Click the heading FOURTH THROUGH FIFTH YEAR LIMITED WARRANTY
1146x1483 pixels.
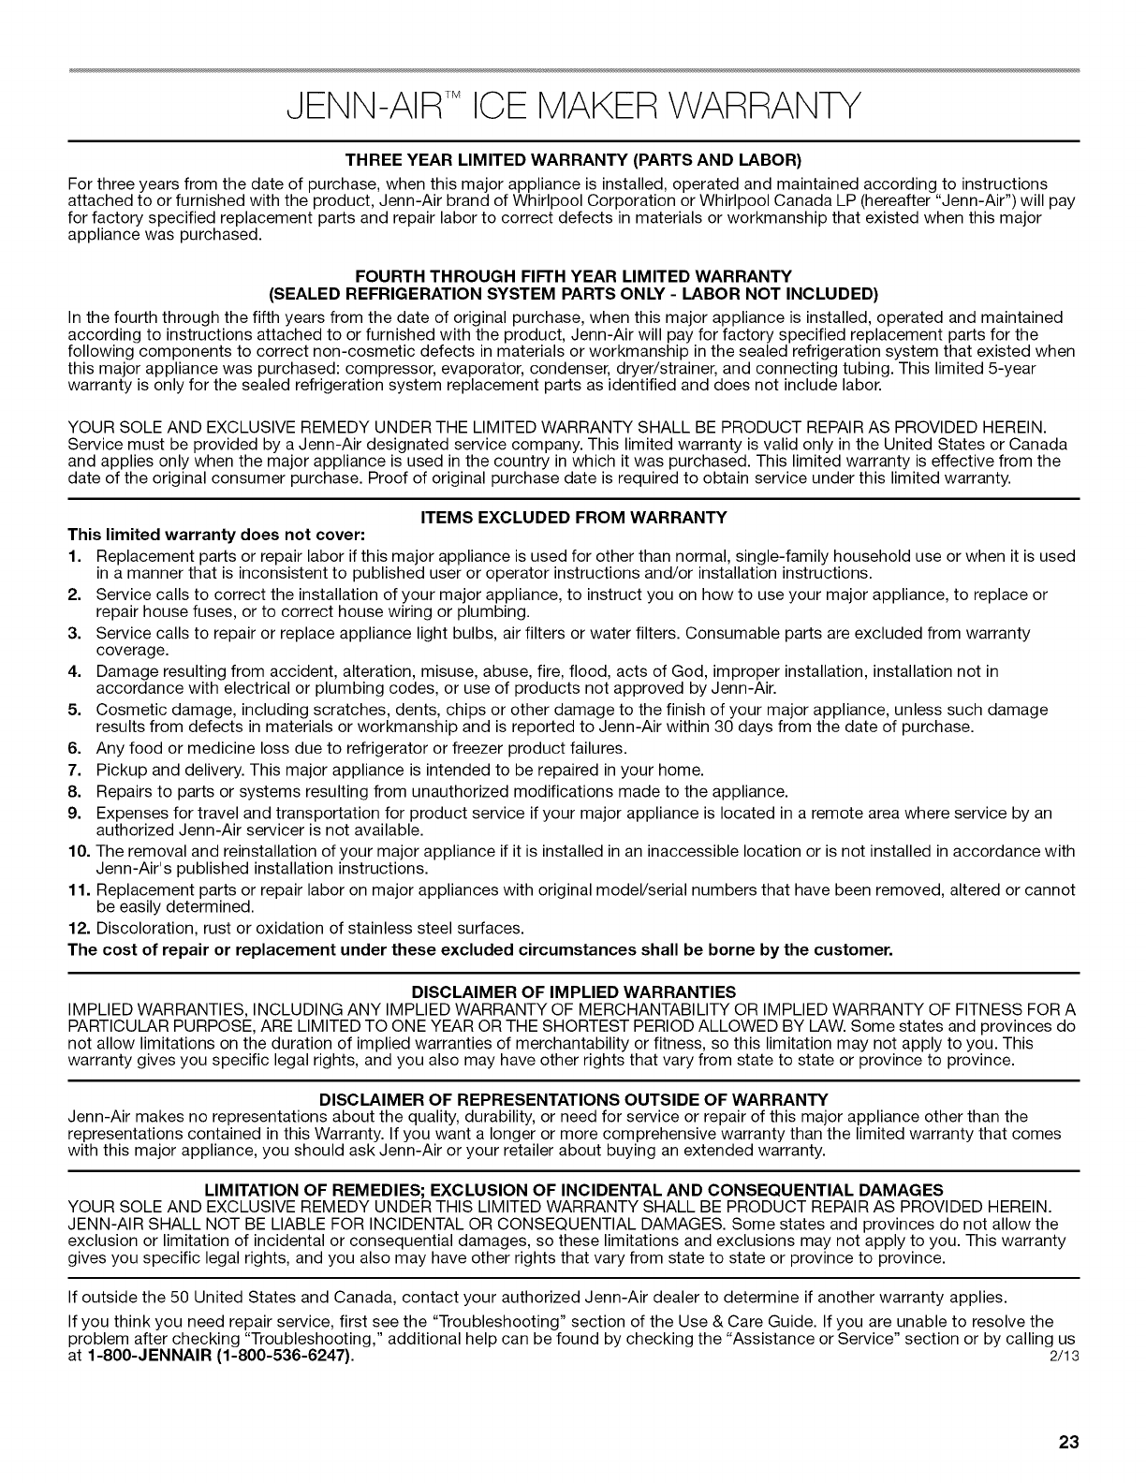click(573, 274)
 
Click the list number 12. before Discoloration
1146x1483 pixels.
click(79, 928)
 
